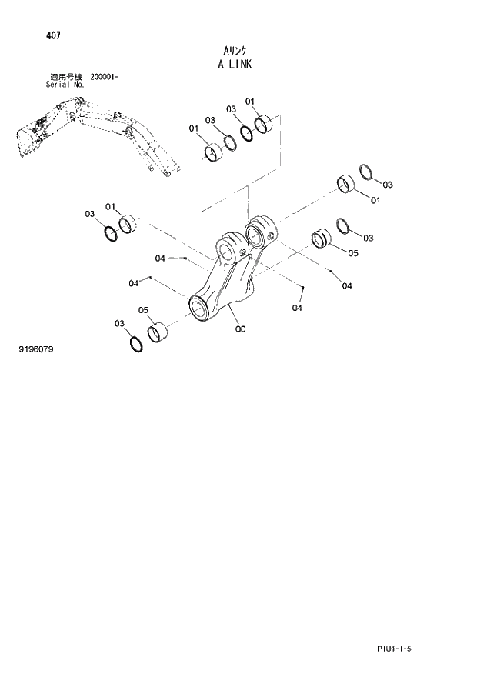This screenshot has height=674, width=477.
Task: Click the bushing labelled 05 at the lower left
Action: click(x=158, y=332)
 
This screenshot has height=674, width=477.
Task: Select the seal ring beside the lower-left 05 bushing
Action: click(x=135, y=343)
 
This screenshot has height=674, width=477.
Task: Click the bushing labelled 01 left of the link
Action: click(x=128, y=225)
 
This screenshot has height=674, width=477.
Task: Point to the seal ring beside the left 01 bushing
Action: click(x=110, y=232)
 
